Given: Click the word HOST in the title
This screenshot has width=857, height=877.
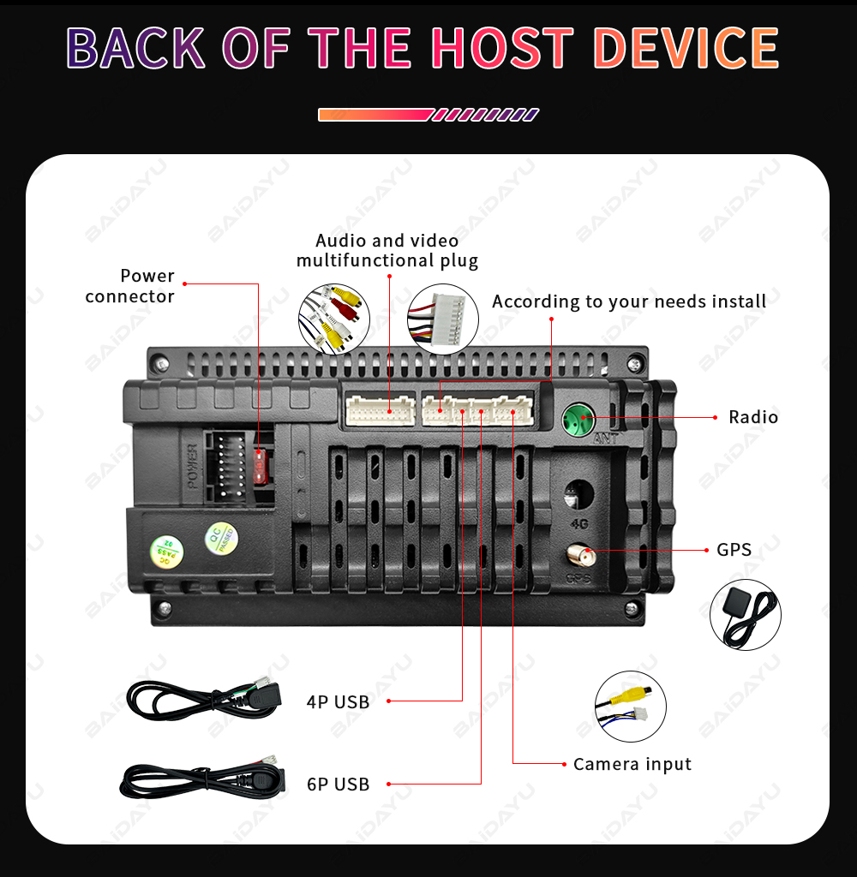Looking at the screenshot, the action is (x=502, y=48).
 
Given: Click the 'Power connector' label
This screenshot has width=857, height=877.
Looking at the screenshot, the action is (x=130, y=286).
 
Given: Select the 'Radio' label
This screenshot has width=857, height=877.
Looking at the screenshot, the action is (x=753, y=417).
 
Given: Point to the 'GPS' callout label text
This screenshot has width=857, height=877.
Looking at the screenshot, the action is (x=734, y=550).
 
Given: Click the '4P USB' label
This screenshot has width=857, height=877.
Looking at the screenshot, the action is (x=338, y=702).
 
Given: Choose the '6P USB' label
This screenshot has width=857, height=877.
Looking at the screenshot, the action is (x=338, y=785).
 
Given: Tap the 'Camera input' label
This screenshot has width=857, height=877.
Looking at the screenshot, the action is (x=632, y=764).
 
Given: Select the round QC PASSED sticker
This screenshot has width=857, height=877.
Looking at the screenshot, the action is (x=222, y=539).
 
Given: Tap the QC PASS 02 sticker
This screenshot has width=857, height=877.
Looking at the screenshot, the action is (x=167, y=552).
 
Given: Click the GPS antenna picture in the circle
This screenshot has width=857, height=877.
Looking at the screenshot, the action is (x=745, y=615).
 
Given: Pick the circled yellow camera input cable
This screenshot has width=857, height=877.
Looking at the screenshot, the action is (x=630, y=707).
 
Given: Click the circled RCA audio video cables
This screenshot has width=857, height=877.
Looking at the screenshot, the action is (x=334, y=319).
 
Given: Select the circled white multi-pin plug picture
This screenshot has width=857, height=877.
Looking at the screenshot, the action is (x=443, y=319).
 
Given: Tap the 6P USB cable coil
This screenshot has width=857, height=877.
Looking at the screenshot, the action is (x=203, y=779).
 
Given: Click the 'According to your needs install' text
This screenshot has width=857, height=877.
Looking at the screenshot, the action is (x=629, y=301).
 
